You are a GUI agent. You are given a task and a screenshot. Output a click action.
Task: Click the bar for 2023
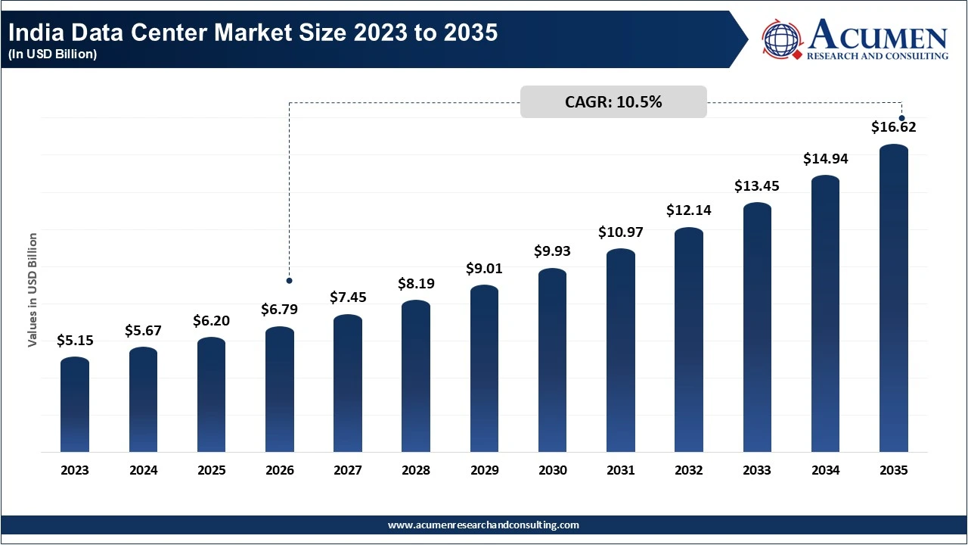pos(75,405)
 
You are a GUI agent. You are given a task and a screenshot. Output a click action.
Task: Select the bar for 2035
pos(894,299)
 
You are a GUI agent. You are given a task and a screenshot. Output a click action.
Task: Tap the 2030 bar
pos(553,360)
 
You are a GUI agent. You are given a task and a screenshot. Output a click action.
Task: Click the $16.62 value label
pos(894,127)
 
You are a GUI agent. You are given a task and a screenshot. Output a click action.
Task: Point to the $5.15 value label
pos(75,341)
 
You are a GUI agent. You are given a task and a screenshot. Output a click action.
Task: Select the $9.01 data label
pos(484,269)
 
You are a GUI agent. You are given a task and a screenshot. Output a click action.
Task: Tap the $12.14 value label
pos(689,210)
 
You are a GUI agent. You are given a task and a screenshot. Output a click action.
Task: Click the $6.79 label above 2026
pos(280,310)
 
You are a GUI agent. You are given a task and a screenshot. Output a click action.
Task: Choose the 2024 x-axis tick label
pos(143,470)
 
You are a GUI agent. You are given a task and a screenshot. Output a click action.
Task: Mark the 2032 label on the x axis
pos(689,470)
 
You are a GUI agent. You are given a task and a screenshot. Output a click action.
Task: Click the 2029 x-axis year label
pos(484,470)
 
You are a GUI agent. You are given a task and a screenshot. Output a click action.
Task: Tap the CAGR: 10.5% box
pos(613,102)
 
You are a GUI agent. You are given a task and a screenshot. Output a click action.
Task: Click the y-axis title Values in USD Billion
pos(33,290)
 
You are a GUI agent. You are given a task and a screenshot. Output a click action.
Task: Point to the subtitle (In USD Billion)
pos(53,54)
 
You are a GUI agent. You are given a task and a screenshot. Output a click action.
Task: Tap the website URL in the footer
pos(484,525)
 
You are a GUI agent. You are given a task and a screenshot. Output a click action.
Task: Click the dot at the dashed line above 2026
pos(289,281)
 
